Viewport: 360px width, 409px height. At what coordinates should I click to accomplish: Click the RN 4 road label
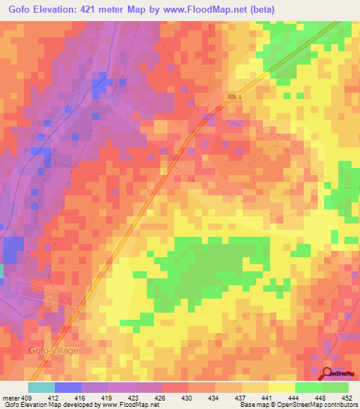[233, 100]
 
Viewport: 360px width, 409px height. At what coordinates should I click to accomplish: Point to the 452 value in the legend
[347, 398]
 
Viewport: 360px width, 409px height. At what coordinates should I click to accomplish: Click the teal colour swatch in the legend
[41, 387]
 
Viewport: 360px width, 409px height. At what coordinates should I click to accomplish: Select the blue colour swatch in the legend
[68, 387]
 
